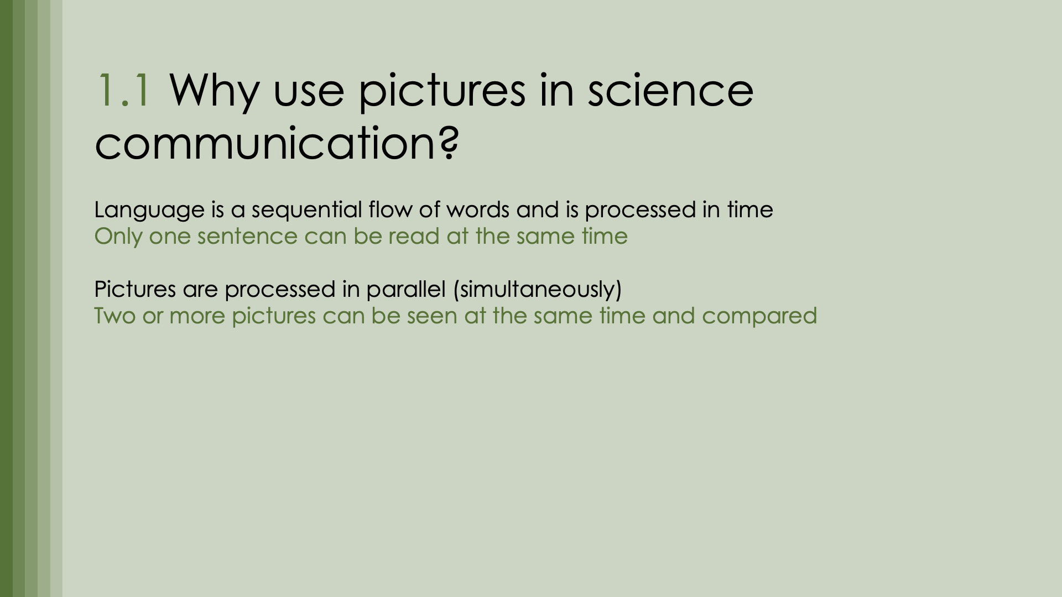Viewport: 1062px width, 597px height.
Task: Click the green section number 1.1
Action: [123, 90]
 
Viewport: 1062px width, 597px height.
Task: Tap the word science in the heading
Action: [670, 90]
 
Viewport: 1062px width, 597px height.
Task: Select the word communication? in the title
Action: [277, 143]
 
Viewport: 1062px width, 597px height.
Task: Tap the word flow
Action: [389, 209]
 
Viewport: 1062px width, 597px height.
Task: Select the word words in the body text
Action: [478, 209]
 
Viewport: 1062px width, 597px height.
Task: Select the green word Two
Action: [114, 316]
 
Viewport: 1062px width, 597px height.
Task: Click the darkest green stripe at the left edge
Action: [6, 298]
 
